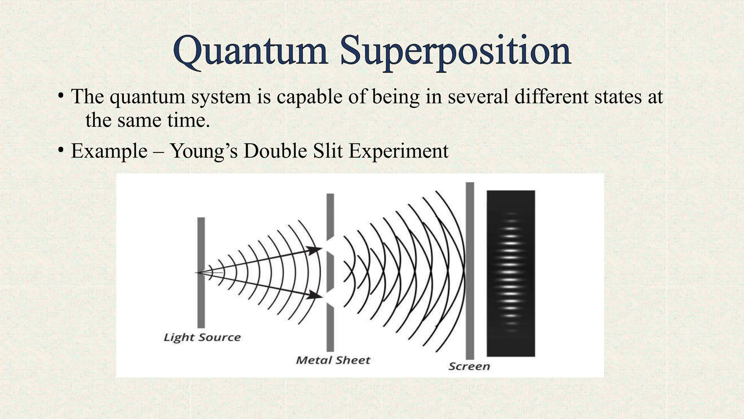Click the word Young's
pos(204,151)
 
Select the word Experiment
pos(399,151)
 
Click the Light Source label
pos(202,337)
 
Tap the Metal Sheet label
pos(333,360)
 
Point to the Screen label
pos(469,366)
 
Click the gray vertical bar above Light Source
pos(201,273)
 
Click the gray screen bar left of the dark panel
pos(470,271)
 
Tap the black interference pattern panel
pos(511,273)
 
